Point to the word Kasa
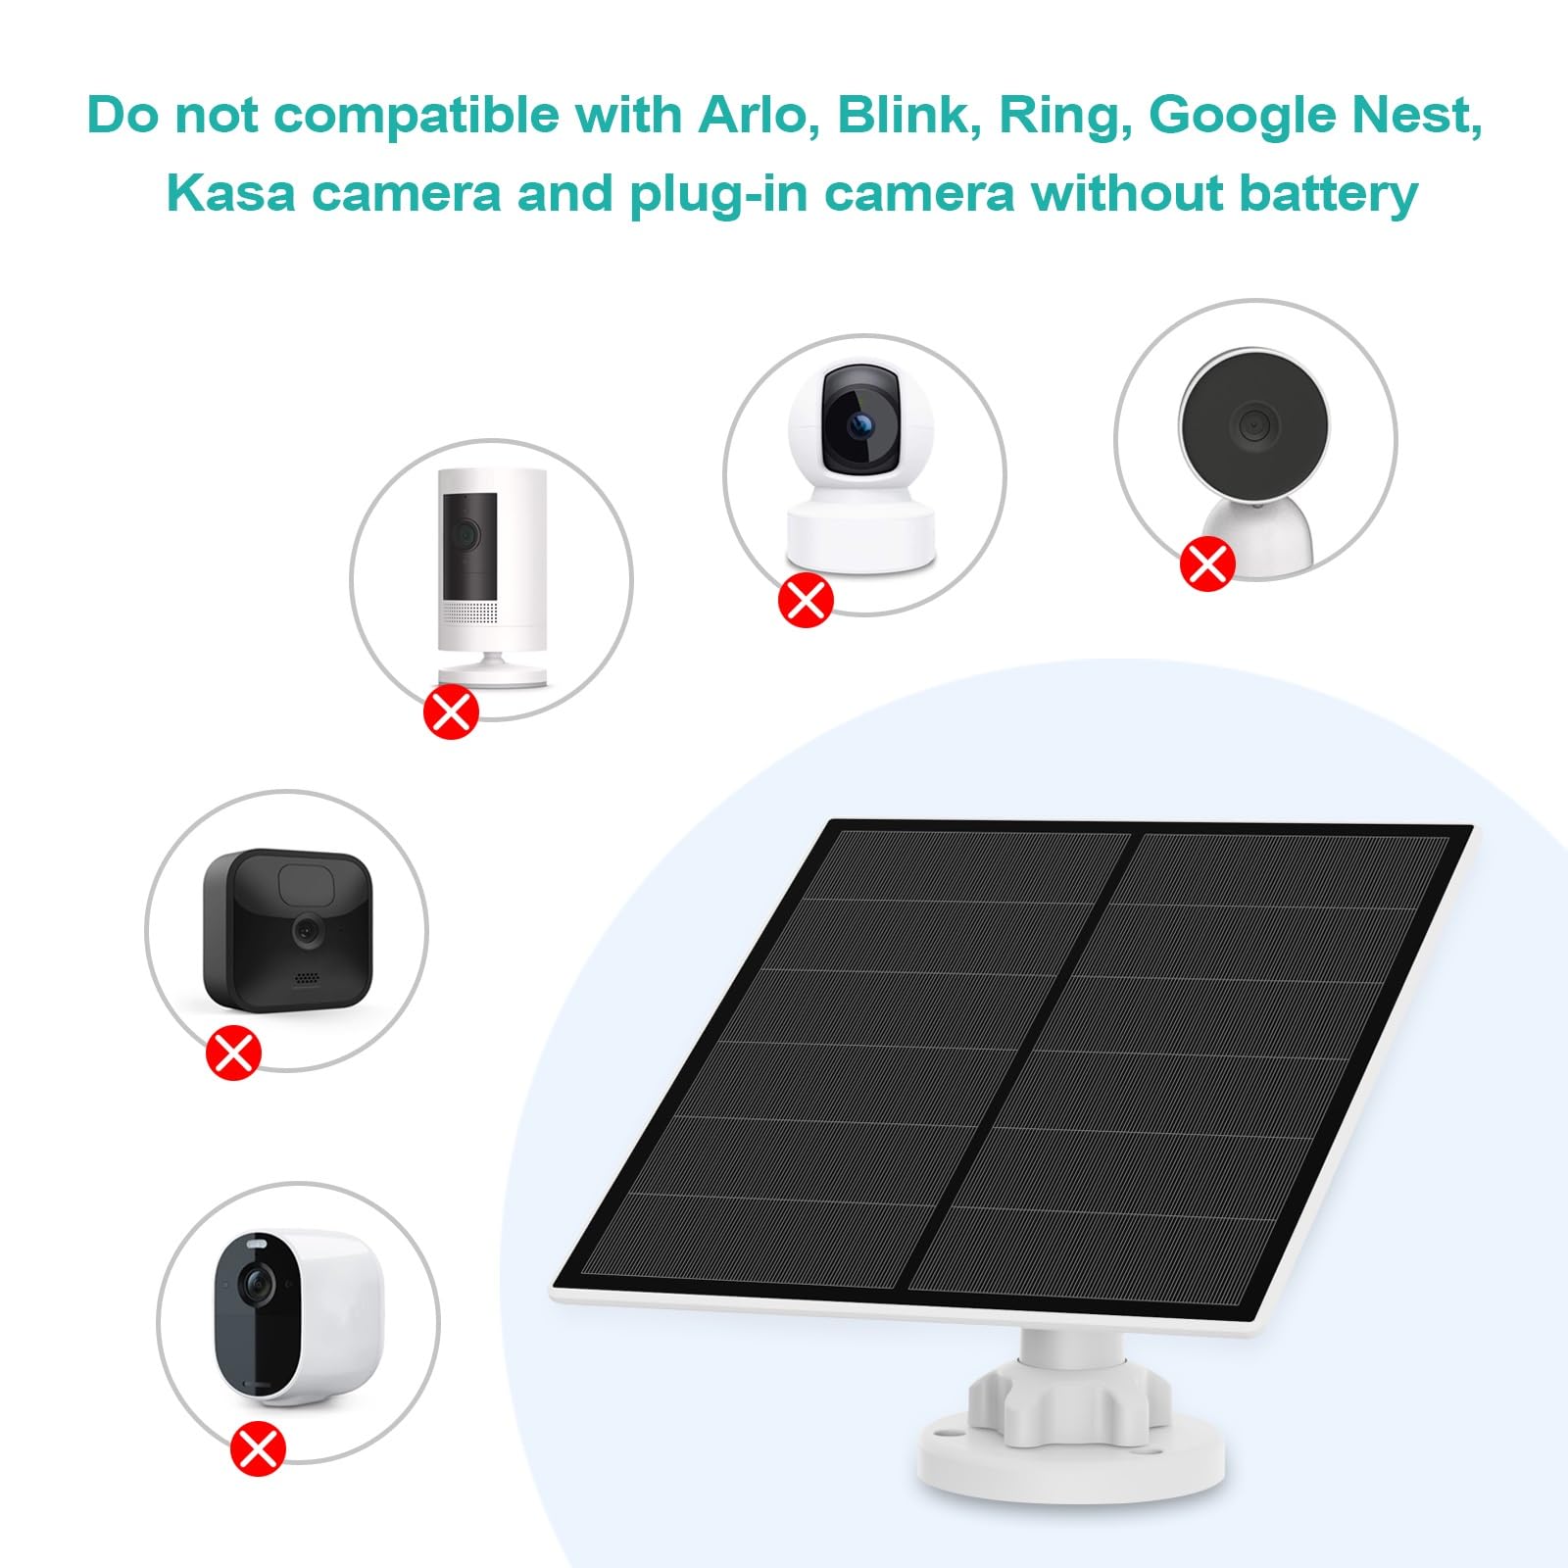tap(230, 193)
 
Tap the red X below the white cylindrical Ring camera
tap(451, 711)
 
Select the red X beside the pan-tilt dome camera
tap(806, 600)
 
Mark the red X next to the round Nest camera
tap(1206, 563)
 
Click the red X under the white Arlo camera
tap(258, 1448)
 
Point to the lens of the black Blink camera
tap(308, 930)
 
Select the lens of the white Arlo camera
tap(258, 1280)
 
